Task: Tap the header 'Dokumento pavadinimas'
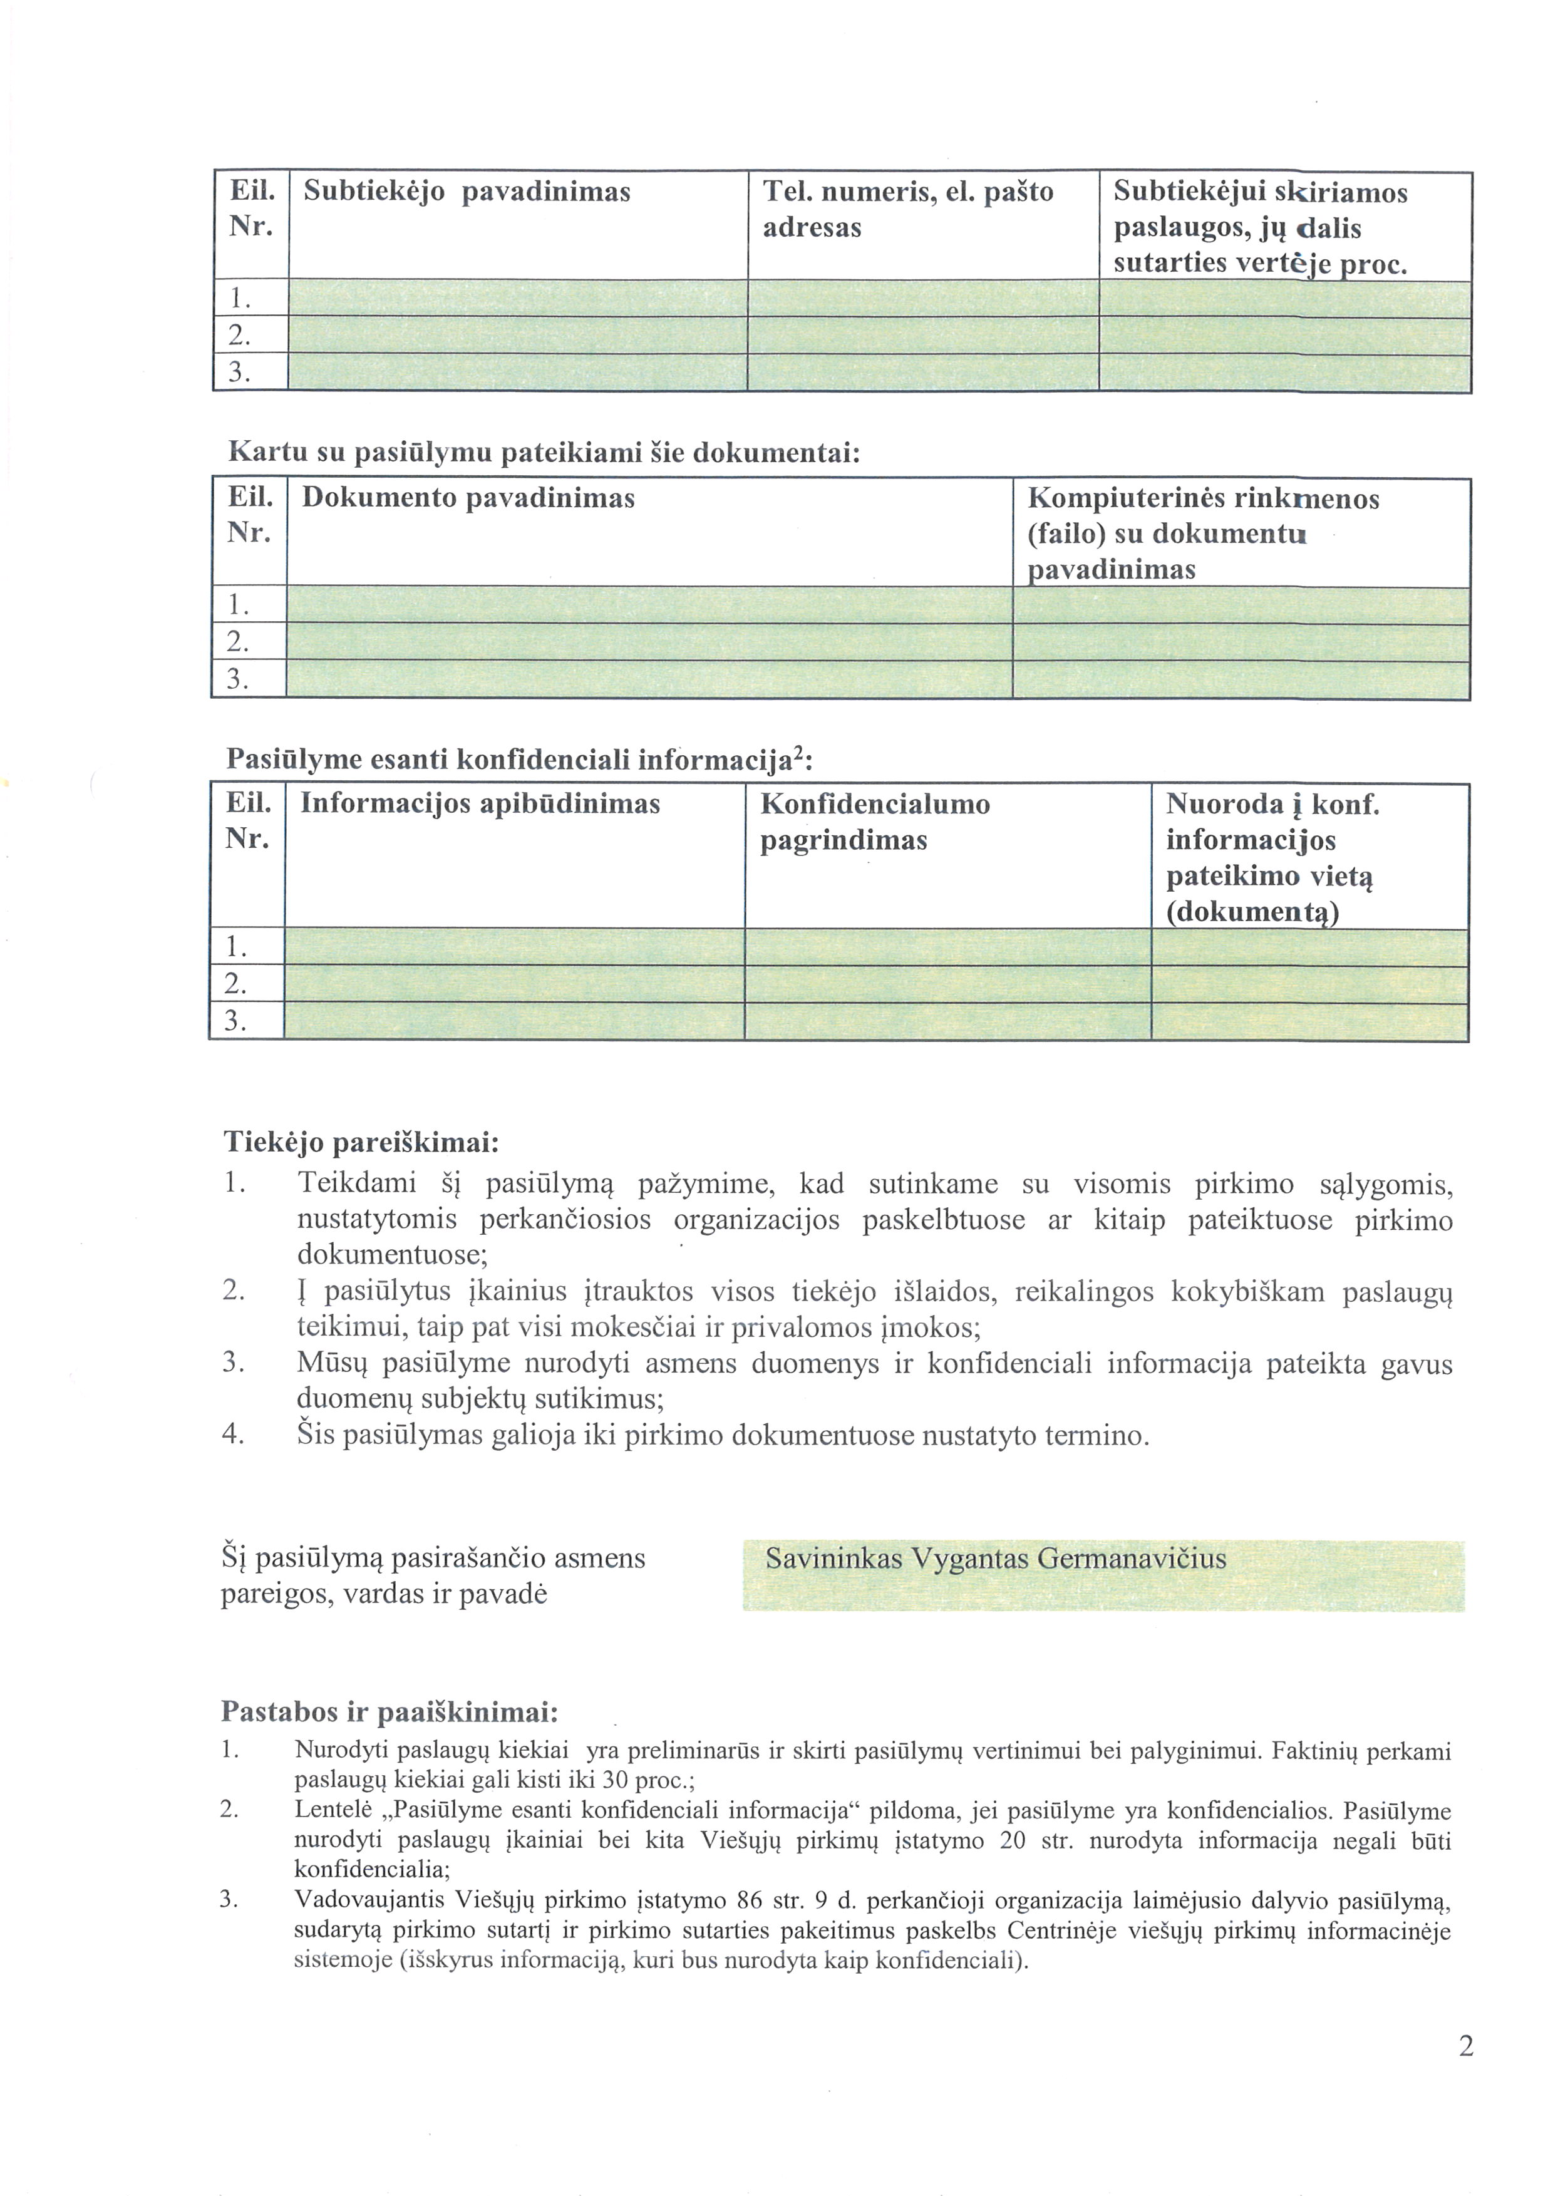[468, 498]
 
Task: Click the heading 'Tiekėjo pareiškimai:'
[361, 1142]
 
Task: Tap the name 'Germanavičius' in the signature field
[1132, 1559]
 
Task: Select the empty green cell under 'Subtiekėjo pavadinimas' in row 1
[517, 299]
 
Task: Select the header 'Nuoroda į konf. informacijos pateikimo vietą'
[1272, 857]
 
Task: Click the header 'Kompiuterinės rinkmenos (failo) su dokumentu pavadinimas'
[1203, 533]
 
